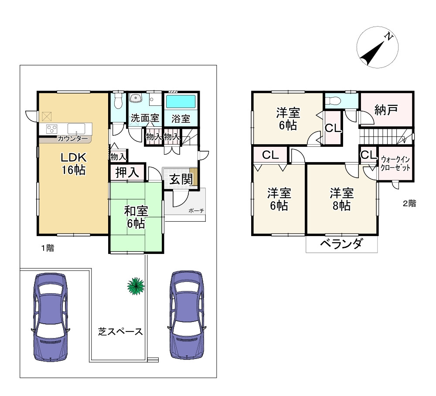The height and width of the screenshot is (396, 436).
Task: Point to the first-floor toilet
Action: [118, 102]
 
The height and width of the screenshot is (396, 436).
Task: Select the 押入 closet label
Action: [126, 173]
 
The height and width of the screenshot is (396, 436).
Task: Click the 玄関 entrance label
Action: [180, 179]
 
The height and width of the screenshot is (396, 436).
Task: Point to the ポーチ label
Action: [196, 211]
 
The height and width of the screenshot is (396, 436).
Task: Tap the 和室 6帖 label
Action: [136, 217]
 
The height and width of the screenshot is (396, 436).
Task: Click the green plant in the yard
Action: [136, 285]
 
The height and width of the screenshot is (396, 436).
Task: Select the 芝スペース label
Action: [120, 332]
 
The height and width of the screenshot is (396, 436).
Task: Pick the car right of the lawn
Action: [187, 315]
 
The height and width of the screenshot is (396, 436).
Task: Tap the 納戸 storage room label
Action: [386, 110]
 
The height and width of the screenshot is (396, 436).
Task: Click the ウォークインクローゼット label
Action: [395, 164]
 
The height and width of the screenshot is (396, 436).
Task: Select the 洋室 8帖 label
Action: [341, 199]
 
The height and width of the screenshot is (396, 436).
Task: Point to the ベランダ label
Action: [341, 244]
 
